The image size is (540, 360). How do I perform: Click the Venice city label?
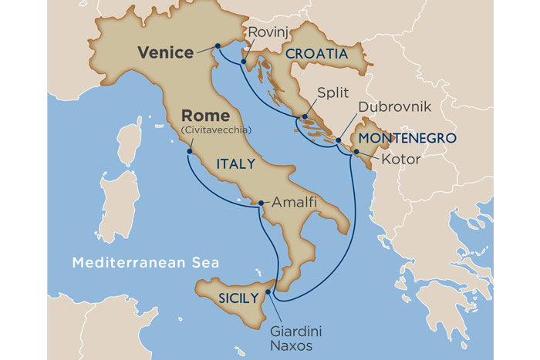(165, 52)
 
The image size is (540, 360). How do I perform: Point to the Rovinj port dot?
(244, 62)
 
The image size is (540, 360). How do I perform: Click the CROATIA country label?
(316, 55)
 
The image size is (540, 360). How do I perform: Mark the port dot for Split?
(305, 118)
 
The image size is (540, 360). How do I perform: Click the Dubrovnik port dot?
(339, 140)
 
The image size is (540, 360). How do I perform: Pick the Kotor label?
(401, 160)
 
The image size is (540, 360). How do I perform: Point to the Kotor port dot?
(356, 152)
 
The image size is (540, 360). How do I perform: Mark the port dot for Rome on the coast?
(189, 152)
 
